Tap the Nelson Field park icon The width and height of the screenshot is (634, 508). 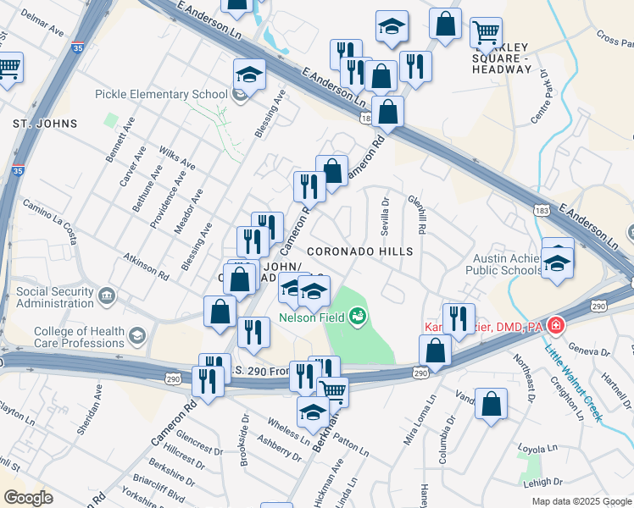coord(358,317)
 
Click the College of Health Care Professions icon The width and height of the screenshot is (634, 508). coord(136,337)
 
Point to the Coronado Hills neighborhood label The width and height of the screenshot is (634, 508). coord(359,251)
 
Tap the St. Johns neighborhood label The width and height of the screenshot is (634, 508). coord(45,124)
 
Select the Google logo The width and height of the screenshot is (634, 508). coord(28,498)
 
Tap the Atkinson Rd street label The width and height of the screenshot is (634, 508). coord(152,270)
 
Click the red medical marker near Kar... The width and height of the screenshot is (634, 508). coord(555,325)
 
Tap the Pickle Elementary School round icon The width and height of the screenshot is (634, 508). coord(240,94)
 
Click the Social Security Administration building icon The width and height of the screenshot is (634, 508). coord(108,295)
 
